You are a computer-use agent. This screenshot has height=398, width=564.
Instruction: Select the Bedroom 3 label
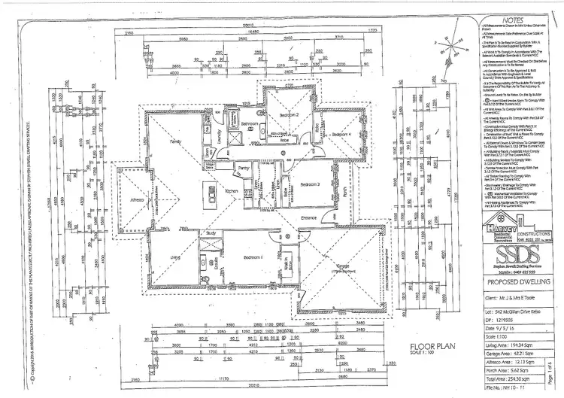(x=306, y=184)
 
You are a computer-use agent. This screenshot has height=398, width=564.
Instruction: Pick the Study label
(x=211, y=234)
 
